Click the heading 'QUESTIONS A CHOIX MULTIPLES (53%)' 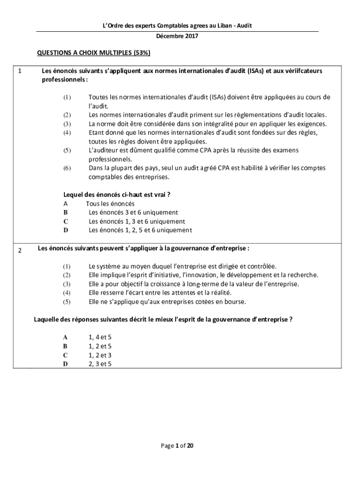[x=94, y=53]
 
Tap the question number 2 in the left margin [x=20, y=250]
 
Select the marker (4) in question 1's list [x=67, y=133]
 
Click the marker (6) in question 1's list [x=67, y=168]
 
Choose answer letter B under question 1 [x=65, y=212]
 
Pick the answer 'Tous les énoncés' [x=110, y=203]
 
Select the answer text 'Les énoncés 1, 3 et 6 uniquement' [x=137, y=221]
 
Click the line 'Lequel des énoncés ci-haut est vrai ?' [x=120, y=195]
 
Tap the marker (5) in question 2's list [x=67, y=301]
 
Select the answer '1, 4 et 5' [x=100, y=337]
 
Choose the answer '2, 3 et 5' [x=100, y=363]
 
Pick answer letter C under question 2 [x=65, y=355]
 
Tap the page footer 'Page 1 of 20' [x=177, y=446]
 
